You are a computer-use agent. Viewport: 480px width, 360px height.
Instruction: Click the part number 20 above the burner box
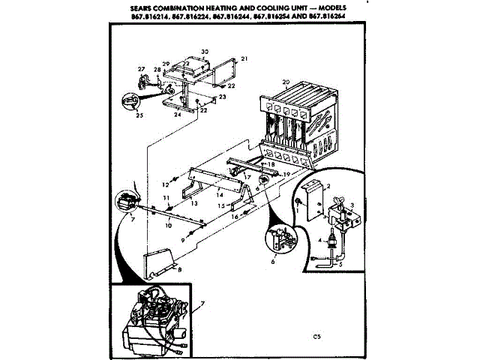click(286, 82)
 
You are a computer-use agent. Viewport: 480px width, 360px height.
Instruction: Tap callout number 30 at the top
click(205, 52)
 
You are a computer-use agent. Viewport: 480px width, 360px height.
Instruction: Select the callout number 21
click(244, 58)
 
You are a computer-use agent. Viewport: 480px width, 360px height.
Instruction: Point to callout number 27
click(140, 69)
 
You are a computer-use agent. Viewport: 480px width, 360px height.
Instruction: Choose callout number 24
click(177, 115)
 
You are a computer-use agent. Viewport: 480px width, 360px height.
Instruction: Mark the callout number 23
click(223, 97)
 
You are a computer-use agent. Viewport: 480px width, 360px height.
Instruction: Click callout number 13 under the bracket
click(193, 203)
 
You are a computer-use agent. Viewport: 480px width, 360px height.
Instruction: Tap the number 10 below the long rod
click(168, 225)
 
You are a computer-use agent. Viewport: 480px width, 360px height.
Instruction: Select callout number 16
click(233, 216)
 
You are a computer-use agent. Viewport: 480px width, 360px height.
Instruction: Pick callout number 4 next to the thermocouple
click(320, 240)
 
